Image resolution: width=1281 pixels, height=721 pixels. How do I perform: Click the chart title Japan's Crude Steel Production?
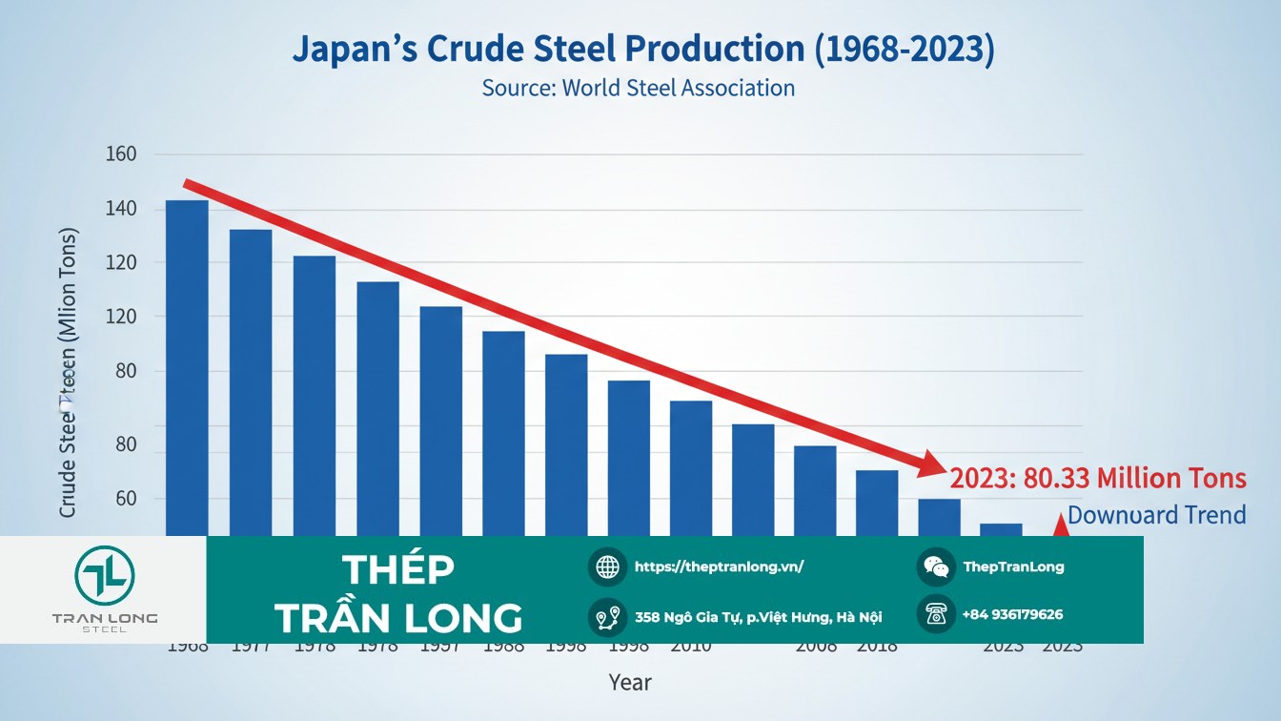643,50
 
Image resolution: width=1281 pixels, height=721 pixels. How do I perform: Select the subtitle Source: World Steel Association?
638,88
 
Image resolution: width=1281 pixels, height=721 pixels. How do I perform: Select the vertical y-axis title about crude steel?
68,372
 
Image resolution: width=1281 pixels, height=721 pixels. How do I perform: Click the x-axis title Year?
630,682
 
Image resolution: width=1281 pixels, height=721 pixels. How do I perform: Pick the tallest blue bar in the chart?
187,367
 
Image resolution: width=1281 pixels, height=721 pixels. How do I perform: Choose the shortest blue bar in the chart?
1001,529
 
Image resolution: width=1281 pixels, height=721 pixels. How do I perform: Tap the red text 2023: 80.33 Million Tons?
1098,478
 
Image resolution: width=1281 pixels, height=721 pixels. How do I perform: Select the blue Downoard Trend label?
1156,516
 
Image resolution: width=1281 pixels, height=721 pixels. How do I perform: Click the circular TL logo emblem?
105,574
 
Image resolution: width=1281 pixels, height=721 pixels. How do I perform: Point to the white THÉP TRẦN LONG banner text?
398,593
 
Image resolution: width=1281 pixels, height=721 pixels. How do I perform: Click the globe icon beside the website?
607,566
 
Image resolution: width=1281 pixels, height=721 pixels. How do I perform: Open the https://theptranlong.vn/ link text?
720,566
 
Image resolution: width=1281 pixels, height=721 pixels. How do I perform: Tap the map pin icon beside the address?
607,617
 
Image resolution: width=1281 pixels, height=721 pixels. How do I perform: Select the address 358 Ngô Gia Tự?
758,617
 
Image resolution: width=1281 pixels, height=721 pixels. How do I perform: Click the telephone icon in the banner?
936,614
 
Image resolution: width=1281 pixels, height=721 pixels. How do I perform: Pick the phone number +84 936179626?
1012,614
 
